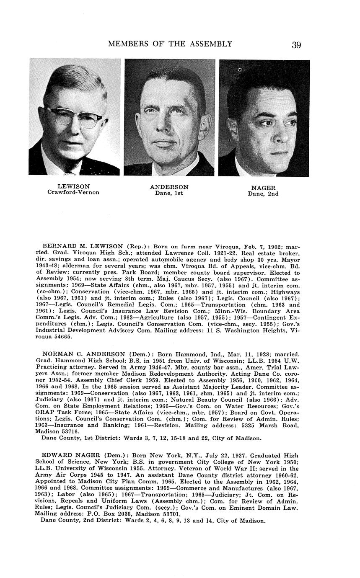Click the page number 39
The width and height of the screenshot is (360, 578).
tap(296, 45)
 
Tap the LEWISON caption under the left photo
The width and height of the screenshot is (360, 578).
tap(73, 186)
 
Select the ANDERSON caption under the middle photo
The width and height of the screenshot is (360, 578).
tap(169, 187)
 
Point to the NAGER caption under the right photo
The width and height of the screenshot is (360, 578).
tap(263, 188)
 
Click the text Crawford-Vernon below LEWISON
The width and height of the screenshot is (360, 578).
tap(73, 193)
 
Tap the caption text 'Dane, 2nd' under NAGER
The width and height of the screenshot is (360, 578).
tap(263, 194)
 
